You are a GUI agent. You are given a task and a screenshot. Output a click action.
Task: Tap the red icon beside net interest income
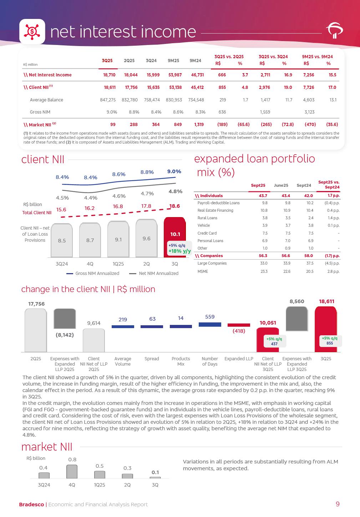coord(32,31)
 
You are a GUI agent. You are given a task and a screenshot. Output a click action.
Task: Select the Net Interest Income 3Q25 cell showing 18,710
coord(107,75)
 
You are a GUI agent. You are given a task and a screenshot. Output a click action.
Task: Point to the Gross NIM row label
coord(40,112)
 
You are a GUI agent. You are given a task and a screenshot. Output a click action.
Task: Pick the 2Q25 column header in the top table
coord(129,61)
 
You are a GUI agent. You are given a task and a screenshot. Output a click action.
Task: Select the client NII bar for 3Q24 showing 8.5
coord(62,240)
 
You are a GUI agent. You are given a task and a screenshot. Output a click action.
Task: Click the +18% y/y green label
coord(179,251)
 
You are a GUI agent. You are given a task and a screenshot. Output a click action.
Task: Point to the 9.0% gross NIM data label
coord(174,172)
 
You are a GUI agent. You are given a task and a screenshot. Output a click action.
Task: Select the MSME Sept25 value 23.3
coord(264,271)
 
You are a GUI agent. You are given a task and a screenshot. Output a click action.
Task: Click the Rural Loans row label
coord(207,218)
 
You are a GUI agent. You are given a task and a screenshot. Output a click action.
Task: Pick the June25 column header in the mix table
coord(281,185)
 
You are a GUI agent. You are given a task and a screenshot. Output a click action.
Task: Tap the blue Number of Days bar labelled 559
coord(210,324)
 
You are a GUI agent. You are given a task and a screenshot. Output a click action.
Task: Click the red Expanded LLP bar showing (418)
coord(239,325)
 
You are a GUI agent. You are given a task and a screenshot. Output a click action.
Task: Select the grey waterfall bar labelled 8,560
coord(297,319)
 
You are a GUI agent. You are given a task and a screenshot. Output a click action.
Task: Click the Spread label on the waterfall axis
coord(152,358)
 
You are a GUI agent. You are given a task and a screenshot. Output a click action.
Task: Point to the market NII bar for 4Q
coord(72,471)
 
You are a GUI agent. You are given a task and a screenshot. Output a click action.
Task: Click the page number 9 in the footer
coord(338,504)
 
